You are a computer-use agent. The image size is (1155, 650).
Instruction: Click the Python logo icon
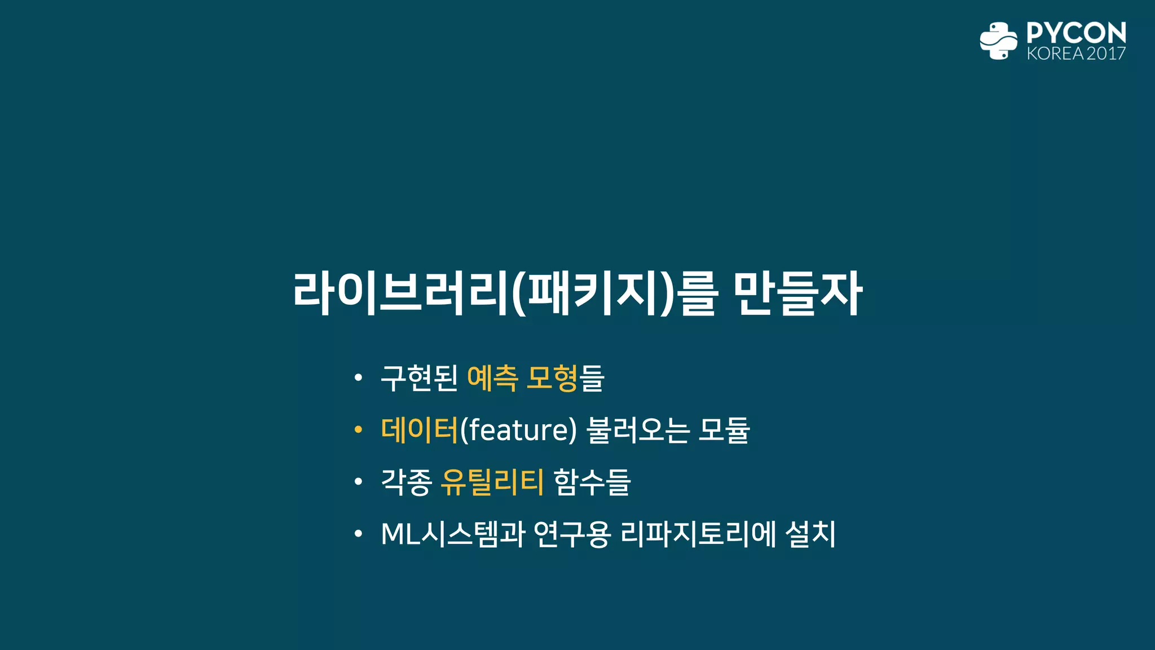pos(998,41)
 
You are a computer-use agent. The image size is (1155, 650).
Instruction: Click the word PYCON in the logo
pos(1076,33)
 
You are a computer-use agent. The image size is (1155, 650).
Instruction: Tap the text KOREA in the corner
pos(1055,54)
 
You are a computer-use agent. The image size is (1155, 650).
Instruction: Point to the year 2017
pos(1106,54)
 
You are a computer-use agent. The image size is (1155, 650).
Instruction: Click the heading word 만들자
pos(798,293)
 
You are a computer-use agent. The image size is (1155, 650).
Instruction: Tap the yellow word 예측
pos(492,378)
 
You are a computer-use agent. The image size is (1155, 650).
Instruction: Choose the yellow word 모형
pos(551,378)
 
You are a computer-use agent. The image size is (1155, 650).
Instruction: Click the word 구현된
pos(419,378)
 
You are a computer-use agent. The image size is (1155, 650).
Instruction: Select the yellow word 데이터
pos(420,430)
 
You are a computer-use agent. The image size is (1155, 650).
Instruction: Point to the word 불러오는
pos(638,430)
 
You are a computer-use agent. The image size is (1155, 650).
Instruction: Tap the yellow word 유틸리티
pos(492,482)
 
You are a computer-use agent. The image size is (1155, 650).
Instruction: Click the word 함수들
pos(592,482)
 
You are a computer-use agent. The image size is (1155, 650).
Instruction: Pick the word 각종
pos(406,482)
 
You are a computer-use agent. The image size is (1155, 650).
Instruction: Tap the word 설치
pos(810,534)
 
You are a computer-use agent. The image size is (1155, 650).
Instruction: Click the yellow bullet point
pos(358,431)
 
